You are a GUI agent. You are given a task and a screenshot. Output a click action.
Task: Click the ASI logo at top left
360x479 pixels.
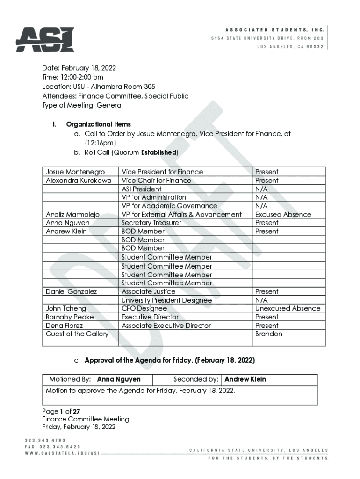(x=45, y=40)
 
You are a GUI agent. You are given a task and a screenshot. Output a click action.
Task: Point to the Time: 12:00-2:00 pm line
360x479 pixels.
(x=72, y=77)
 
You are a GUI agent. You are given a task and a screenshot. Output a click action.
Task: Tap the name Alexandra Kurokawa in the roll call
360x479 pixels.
(x=79, y=181)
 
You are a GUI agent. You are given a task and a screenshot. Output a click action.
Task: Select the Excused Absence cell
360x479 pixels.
(x=283, y=214)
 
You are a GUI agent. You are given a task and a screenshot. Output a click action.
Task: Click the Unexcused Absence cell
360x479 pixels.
(x=288, y=308)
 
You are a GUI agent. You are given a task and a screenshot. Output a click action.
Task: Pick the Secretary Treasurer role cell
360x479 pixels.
(x=151, y=223)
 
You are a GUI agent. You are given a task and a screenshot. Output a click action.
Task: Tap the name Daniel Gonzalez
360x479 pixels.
(x=72, y=291)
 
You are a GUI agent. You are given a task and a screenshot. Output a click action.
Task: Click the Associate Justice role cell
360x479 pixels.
(x=149, y=291)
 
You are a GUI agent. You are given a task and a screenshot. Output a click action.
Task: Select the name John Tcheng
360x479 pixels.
(x=66, y=308)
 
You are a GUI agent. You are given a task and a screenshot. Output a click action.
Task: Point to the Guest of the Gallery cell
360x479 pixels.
(x=77, y=334)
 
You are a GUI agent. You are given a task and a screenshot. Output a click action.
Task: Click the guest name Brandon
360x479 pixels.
(x=268, y=334)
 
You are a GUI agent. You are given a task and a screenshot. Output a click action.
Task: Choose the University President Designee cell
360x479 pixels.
(x=166, y=300)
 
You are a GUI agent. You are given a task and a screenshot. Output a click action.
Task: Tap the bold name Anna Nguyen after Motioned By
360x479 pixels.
(x=119, y=379)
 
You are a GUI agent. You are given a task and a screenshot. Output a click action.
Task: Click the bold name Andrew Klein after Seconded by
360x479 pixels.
(x=245, y=379)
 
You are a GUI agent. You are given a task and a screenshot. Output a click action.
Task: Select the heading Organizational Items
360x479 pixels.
(x=98, y=124)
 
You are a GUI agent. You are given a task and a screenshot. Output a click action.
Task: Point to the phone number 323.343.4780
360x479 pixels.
(x=45, y=440)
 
